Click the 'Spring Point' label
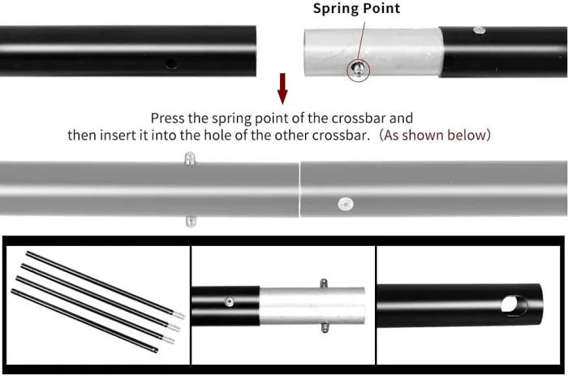356,9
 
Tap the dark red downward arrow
282,89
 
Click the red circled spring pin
359,69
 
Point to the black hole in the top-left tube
171,64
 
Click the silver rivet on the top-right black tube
480,31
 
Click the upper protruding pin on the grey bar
190,158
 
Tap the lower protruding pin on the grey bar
191,221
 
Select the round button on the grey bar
346,204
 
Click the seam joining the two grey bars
299,190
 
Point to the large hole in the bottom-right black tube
514,305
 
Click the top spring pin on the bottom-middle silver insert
324,283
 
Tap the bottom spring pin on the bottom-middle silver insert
325,328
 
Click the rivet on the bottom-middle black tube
229,301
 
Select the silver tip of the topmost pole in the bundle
179,315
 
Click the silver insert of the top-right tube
372,53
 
